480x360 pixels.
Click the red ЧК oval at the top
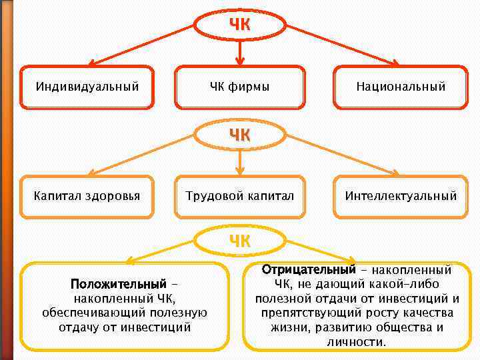[x=240, y=25]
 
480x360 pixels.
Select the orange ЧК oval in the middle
[x=240, y=134]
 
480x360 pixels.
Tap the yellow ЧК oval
[x=240, y=241]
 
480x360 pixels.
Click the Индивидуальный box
[x=87, y=86]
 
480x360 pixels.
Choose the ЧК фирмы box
[x=240, y=86]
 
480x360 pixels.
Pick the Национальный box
[x=401, y=86]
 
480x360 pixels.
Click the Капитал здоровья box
[x=87, y=196]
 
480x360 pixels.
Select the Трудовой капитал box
[x=240, y=196]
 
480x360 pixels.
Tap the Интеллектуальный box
[x=401, y=196]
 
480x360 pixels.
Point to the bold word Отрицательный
[x=309, y=270]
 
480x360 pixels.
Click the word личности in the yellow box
[x=356, y=342]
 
